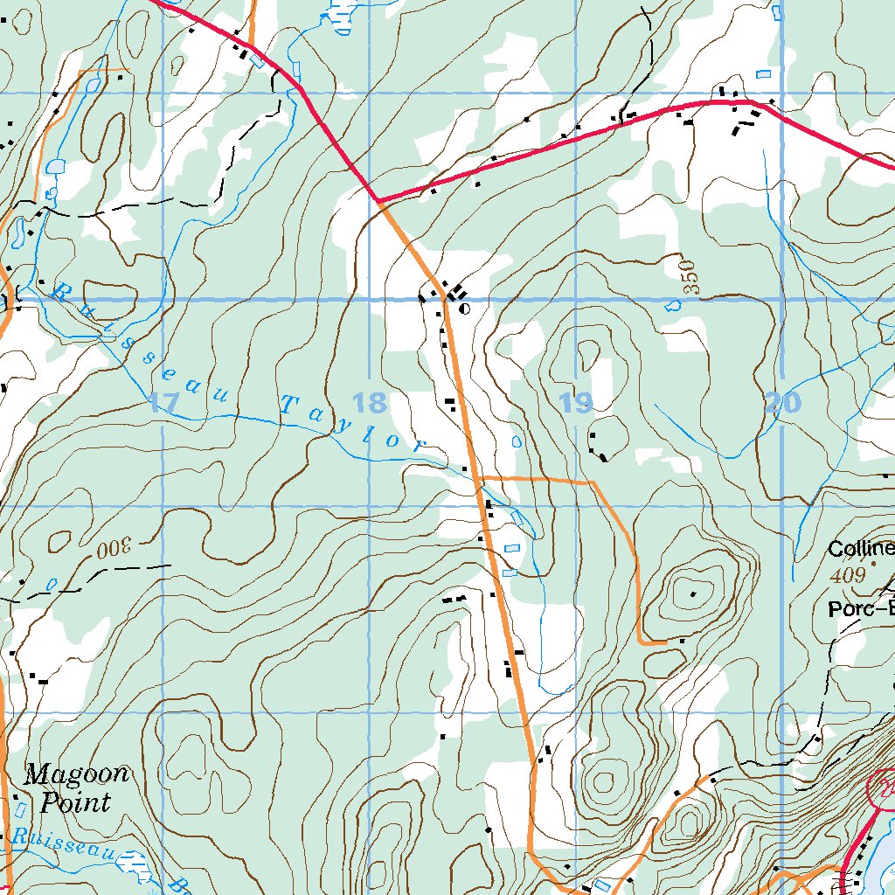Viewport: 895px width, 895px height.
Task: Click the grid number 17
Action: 163,403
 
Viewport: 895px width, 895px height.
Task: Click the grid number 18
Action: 370,403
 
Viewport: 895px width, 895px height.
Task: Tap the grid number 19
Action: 576,403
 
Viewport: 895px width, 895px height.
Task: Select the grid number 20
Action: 782,403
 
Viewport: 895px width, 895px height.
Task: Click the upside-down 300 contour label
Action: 113,549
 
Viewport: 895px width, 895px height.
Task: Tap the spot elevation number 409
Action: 847,575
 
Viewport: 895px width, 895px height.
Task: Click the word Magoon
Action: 77,774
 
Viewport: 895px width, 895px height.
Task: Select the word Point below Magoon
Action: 76,802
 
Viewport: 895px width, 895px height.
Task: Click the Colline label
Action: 862,549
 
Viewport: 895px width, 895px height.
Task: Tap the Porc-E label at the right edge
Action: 862,609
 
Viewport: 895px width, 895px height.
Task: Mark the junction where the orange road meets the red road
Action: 379,201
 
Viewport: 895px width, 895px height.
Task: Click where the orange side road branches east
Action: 478,479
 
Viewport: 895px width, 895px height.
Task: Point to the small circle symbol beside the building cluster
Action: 464,309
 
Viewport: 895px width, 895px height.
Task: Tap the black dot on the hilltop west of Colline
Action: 693,594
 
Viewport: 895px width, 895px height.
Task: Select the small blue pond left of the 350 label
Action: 672,305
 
